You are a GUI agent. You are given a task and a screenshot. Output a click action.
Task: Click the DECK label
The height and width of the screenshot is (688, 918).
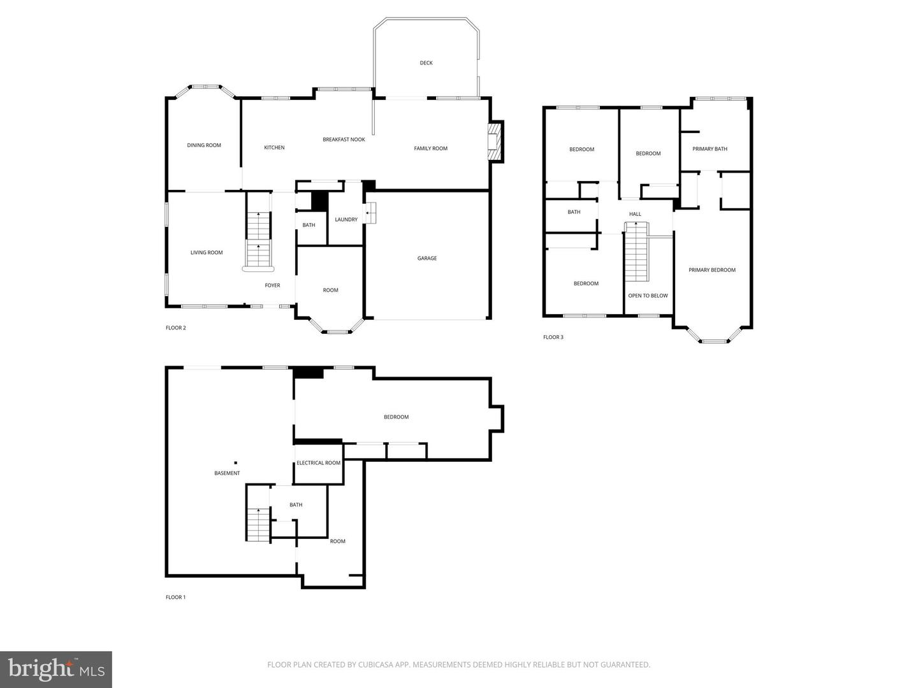(x=426, y=63)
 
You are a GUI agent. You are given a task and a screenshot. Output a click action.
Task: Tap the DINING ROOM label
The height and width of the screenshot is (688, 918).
(x=204, y=145)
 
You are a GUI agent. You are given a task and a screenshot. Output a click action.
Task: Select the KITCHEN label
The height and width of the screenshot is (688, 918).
(x=274, y=148)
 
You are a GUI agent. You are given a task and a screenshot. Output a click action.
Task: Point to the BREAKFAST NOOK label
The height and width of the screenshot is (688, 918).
(x=344, y=140)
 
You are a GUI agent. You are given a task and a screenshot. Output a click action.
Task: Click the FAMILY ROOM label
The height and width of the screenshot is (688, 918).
(x=430, y=148)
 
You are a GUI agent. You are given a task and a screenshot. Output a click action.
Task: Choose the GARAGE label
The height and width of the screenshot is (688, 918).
(x=427, y=259)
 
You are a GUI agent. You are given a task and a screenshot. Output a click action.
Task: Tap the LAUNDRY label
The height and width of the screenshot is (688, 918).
(x=346, y=220)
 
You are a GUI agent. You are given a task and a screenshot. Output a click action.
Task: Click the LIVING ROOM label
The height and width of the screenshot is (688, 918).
(x=207, y=253)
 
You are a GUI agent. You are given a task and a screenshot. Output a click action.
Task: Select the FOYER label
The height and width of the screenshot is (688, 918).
(x=272, y=285)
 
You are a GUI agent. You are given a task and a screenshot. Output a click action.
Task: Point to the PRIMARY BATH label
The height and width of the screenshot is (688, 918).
(x=710, y=149)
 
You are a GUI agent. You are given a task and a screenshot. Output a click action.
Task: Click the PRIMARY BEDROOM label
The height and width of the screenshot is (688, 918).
(x=711, y=270)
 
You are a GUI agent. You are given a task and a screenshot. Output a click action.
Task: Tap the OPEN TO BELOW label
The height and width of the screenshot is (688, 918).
(x=648, y=296)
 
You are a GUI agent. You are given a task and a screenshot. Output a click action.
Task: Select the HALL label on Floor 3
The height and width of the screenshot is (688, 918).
(x=635, y=214)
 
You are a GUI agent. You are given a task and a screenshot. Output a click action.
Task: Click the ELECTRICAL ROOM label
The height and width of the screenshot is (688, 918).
(x=318, y=463)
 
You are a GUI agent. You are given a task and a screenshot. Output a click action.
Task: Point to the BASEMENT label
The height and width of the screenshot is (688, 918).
(x=227, y=473)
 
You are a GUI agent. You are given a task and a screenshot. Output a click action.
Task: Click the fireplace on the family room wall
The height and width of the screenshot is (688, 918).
(x=495, y=141)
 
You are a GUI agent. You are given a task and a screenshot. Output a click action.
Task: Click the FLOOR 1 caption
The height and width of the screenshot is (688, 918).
(x=175, y=598)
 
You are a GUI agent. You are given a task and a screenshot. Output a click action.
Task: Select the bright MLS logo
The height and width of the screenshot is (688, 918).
(x=56, y=669)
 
